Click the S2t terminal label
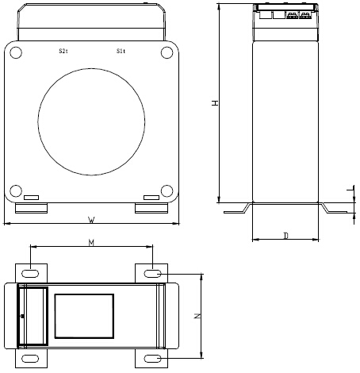click(63, 51)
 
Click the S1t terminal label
click(120, 51)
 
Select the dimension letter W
click(91, 218)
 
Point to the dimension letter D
click(285, 235)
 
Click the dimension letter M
click(91, 244)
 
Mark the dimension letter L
click(350, 190)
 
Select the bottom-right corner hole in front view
click(166, 190)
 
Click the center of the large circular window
click(91, 121)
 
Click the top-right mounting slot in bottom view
click(152, 273)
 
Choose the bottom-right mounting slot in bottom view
click(152, 359)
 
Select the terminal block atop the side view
click(285, 13)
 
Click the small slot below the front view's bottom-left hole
click(31, 198)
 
